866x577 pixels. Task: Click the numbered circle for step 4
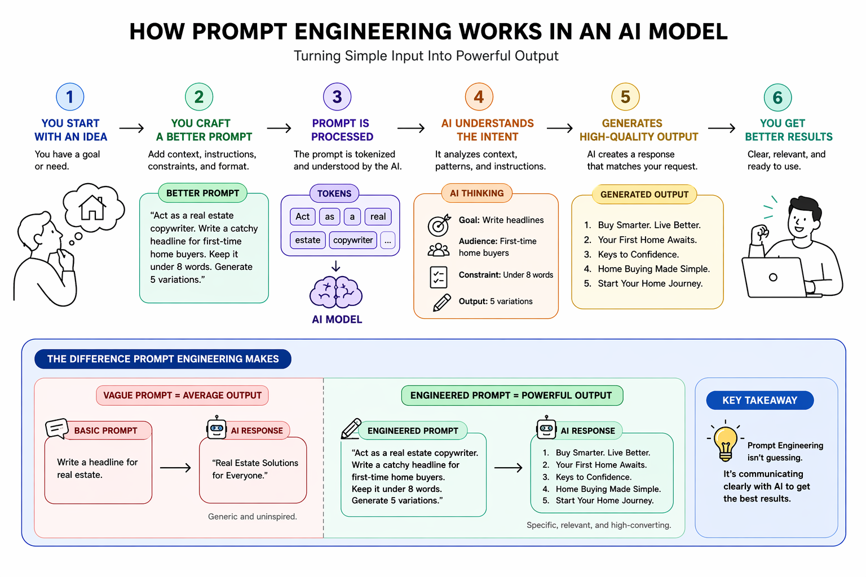479,97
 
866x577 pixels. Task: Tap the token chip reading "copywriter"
353,240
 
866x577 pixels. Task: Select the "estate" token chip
307,240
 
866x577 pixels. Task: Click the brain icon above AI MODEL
336,292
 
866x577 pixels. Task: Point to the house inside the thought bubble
92,207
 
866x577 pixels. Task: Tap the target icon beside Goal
439,225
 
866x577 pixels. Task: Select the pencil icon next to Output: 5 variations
441,303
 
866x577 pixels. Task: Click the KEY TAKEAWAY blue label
759,400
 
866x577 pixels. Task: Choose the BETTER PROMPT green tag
203,193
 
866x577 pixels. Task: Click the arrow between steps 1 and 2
131,128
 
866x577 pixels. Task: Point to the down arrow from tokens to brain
336,266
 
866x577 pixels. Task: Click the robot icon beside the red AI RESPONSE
216,428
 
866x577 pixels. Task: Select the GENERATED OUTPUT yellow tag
644,194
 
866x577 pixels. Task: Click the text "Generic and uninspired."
252,516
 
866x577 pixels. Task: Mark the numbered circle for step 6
777,97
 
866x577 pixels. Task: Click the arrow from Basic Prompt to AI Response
175,468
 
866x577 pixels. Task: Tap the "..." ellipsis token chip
387,241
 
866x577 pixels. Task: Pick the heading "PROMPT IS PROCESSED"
342,130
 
